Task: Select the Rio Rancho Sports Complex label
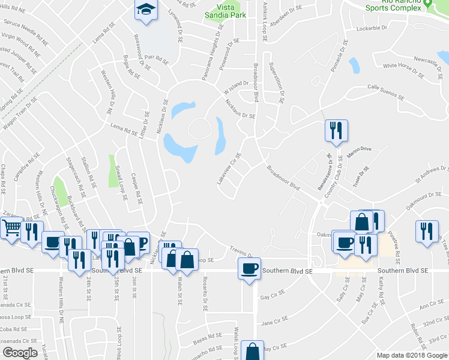point(393,6)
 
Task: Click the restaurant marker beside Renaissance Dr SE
point(335,130)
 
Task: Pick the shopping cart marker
point(11,228)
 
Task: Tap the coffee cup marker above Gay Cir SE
point(249,268)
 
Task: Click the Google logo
point(20,353)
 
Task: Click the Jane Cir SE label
point(276,322)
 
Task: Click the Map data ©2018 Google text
point(411,355)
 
